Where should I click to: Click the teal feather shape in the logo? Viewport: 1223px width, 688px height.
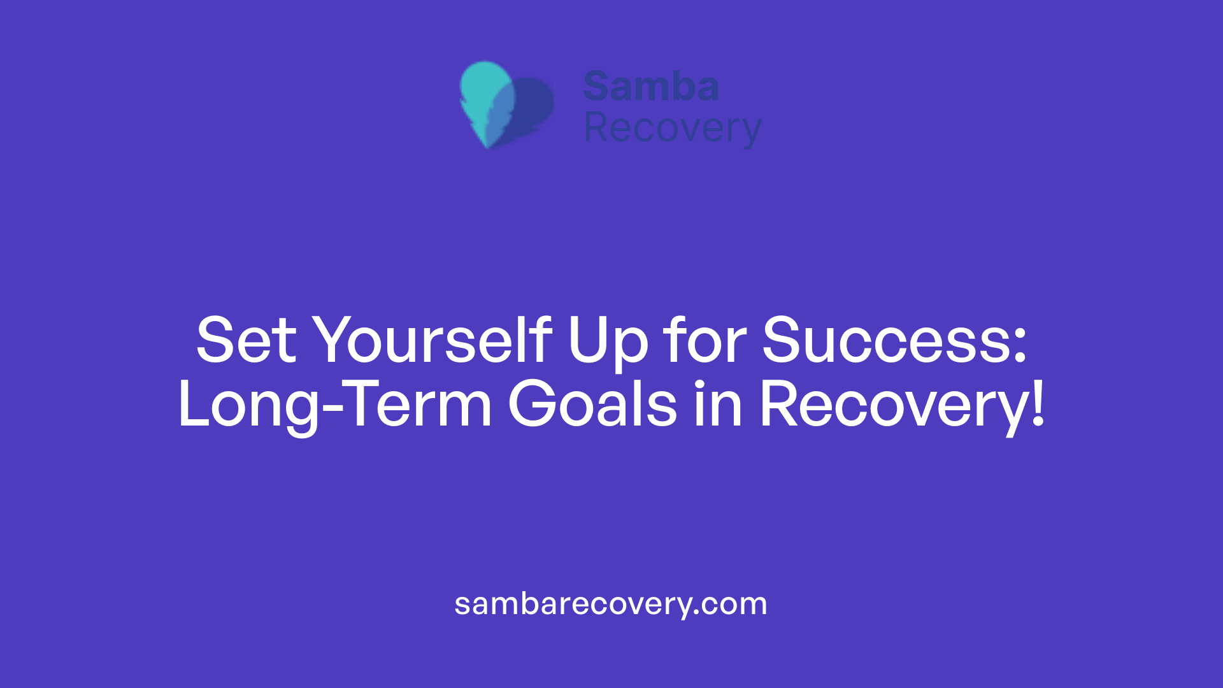(x=484, y=96)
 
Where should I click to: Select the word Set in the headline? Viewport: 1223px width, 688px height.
(x=246, y=341)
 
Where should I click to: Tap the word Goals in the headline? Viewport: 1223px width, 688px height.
(x=592, y=404)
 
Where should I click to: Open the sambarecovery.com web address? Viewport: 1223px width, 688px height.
(x=611, y=604)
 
